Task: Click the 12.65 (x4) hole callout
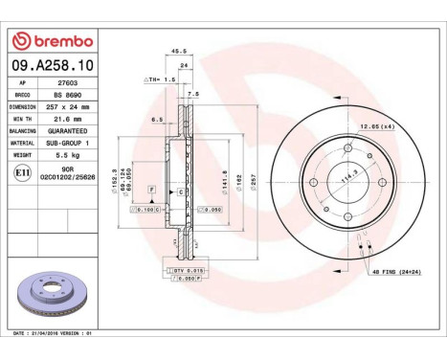click(x=376, y=125)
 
